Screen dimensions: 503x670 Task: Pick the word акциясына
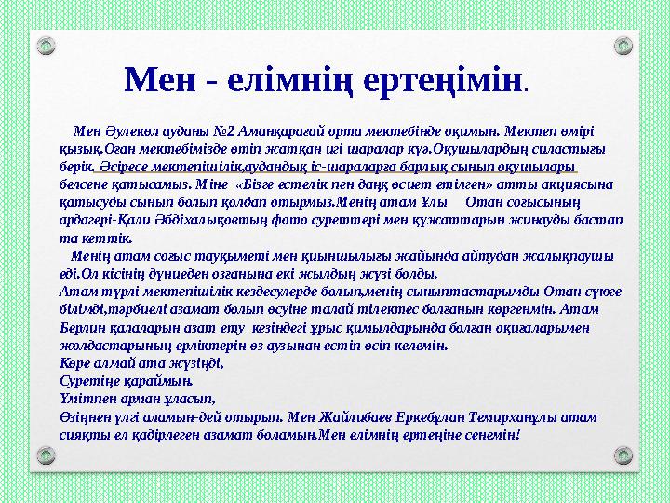(x=578, y=184)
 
